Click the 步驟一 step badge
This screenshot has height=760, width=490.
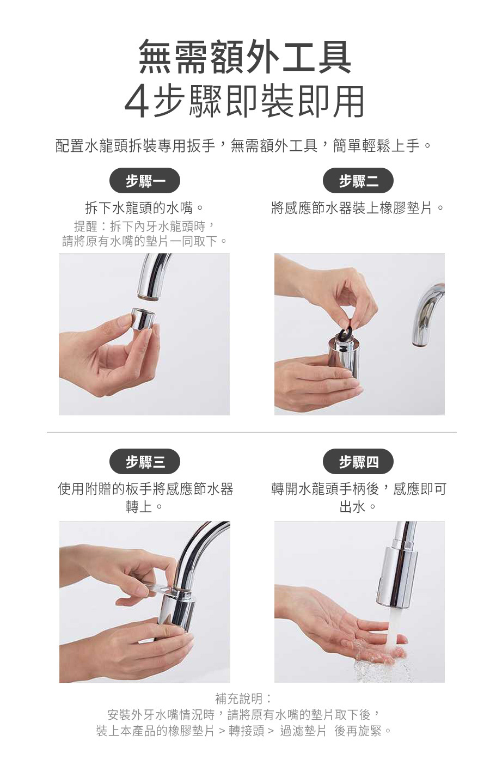coord(145,181)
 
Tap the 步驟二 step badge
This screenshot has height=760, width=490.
coord(358,181)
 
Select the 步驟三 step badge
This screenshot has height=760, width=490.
coord(145,462)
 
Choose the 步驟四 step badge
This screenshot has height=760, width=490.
coord(358,462)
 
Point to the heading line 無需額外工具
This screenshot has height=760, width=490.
coord(245,57)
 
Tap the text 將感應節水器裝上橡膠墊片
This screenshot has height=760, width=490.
coord(352,207)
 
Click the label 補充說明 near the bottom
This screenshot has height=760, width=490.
coord(239,698)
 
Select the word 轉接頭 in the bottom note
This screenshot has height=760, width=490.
coord(246,731)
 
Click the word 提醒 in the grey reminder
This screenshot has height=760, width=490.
coord(86,226)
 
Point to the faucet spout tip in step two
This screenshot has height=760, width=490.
coord(421,342)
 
